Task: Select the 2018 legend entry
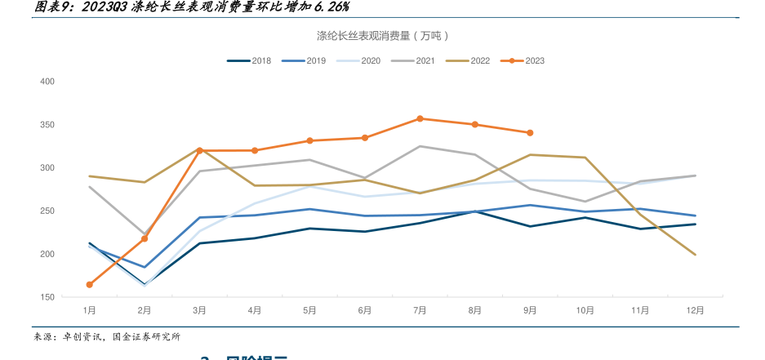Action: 250,60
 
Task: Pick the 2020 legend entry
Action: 359,60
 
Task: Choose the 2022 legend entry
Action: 469,60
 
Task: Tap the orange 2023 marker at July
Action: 420,118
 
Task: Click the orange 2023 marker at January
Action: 90,285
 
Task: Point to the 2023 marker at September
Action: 530,133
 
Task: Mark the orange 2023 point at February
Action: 145,238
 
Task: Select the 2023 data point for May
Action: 310,140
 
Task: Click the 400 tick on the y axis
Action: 47,82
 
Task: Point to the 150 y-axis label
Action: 47,297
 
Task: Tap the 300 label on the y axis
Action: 47,168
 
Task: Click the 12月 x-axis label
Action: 695,311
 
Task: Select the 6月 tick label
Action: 365,311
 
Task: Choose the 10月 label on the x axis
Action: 585,311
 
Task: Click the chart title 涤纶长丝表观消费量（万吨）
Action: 383,36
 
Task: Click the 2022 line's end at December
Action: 695,255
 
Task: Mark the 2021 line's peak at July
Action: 420,146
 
